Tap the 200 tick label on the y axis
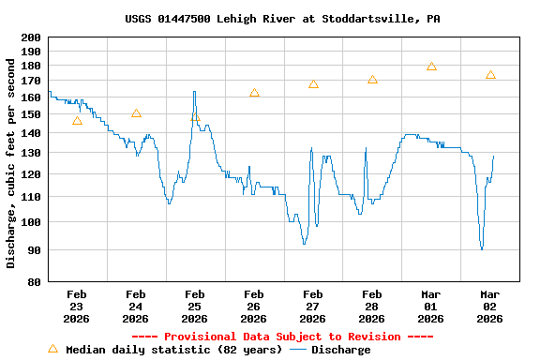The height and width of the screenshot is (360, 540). point(31,37)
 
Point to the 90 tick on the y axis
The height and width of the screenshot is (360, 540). point(34,249)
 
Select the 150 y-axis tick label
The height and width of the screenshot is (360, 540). point(31,114)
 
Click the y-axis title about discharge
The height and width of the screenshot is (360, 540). point(11,163)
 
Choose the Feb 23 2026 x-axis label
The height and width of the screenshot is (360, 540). point(77,306)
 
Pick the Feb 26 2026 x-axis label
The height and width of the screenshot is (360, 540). point(254,306)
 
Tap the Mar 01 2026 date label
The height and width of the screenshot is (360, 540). point(431,306)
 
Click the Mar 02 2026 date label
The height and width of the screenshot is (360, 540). point(490,306)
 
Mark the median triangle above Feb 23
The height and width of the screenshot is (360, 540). point(77,121)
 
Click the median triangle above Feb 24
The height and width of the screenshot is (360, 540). point(136,113)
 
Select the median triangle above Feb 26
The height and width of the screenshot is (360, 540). point(254,93)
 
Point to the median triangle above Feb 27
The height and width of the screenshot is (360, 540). point(313,84)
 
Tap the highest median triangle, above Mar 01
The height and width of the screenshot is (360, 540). point(431,67)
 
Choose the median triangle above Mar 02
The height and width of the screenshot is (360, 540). point(490,75)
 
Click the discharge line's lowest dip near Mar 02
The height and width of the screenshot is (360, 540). point(482,248)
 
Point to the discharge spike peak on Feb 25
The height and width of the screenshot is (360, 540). point(194,92)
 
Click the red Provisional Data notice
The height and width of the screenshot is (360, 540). point(282,337)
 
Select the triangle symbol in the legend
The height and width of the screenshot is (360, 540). point(52,349)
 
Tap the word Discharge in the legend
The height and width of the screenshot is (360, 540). point(340,350)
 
